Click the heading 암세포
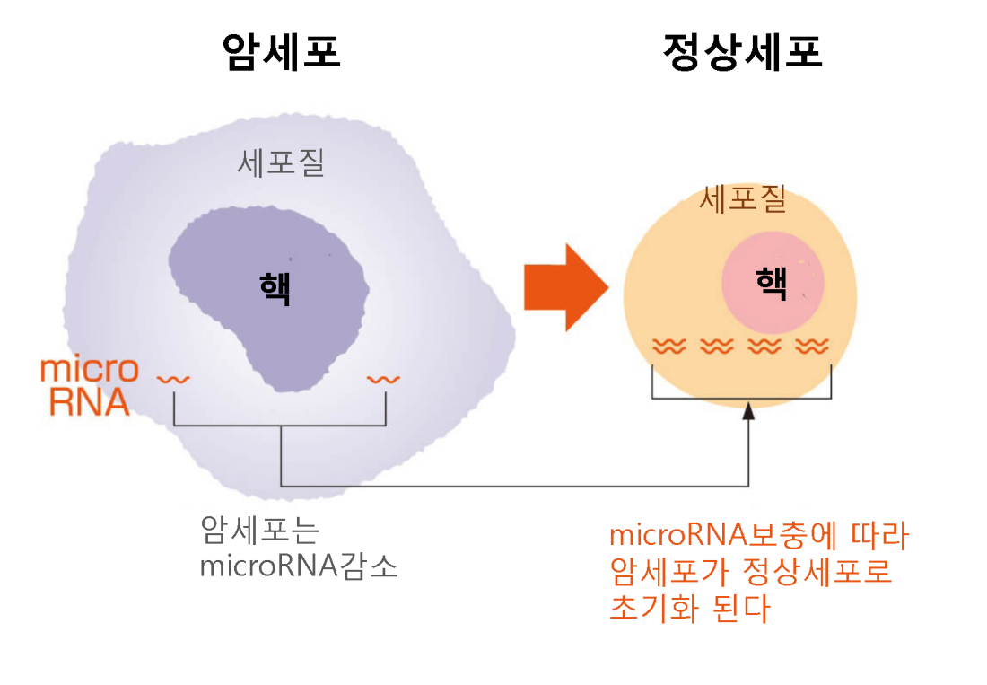point(282,52)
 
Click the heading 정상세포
point(743,52)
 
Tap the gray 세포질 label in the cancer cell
point(281,163)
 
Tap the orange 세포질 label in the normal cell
point(743,199)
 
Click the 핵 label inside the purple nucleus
point(275,289)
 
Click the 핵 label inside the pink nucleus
point(772,283)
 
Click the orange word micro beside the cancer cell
point(90,370)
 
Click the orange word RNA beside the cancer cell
point(90,401)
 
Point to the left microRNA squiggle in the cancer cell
point(173,380)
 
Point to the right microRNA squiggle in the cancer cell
point(383,380)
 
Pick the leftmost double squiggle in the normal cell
point(668,347)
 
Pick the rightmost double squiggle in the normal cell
point(812,347)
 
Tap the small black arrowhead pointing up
point(748,411)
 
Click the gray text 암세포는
point(260,530)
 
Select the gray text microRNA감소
point(299,566)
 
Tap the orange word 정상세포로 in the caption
point(817,572)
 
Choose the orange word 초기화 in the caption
point(654,608)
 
